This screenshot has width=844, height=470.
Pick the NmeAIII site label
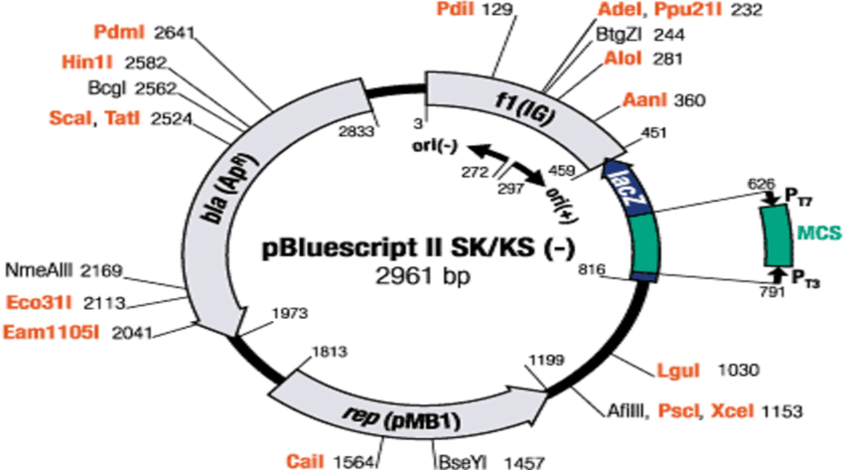pyautogui.click(x=40, y=270)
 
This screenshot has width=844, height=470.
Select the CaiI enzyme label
pyautogui.click(x=304, y=460)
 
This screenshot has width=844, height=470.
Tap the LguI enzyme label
pyautogui.click(x=676, y=371)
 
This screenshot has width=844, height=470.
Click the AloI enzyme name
pyautogui.click(x=626, y=60)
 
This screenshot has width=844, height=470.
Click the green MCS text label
pyautogui.click(x=817, y=233)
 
